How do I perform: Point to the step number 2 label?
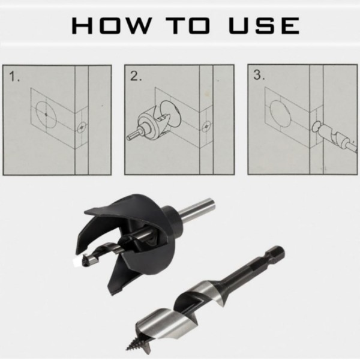136,77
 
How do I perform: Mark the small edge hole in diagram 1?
82,127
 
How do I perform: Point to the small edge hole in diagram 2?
206,127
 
